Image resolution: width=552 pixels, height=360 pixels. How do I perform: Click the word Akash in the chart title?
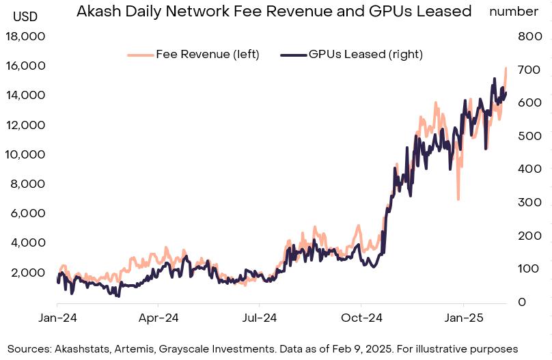click(98, 11)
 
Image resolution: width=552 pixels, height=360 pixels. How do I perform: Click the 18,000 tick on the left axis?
click(25, 37)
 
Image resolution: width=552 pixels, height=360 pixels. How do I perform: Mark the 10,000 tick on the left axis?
click(25, 154)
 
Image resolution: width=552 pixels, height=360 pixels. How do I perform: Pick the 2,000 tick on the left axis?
click(28, 273)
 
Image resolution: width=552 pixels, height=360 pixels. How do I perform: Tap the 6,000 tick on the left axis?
click(28, 213)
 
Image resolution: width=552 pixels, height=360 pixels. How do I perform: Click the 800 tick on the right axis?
click(529, 37)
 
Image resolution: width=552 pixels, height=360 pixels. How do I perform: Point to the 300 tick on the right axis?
click(529, 202)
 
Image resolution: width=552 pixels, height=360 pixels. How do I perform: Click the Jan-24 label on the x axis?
click(57, 318)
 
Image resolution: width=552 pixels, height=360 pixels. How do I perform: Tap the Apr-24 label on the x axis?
click(158, 318)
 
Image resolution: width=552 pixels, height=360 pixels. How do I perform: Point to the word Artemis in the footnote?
click(135, 348)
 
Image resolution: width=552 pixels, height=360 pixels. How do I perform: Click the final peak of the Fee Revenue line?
click(506, 68)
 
